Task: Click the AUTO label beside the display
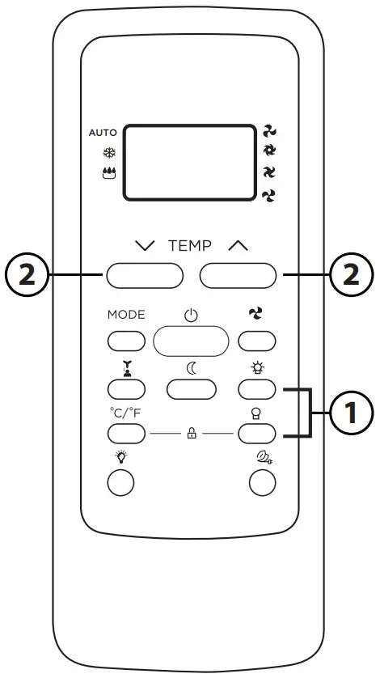[x=103, y=132]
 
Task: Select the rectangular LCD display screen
[x=189, y=162]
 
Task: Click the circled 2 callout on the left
[x=26, y=276]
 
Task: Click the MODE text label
[x=126, y=315]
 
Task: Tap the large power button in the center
[x=190, y=341]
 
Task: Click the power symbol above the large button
[x=191, y=316]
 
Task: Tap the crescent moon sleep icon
[x=192, y=368]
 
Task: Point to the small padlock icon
[x=192, y=434]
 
